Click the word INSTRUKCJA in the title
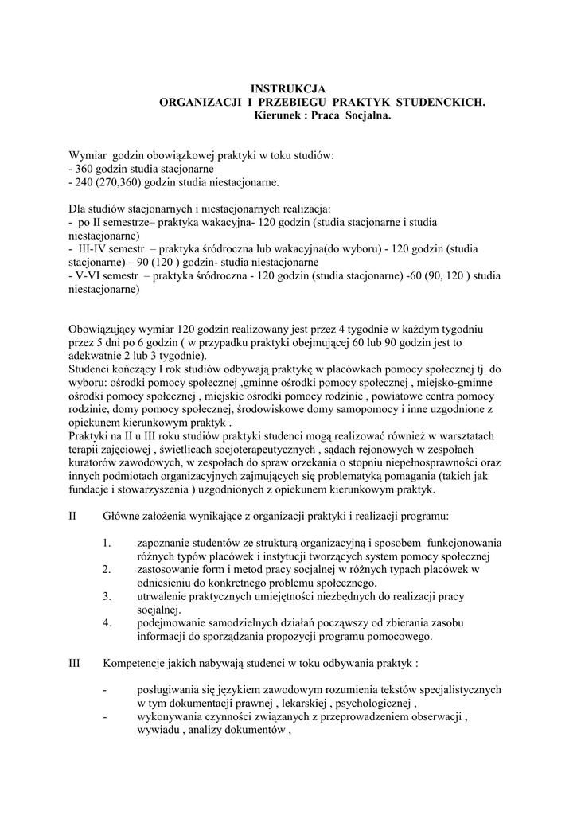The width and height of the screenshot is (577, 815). pyautogui.click(x=288, y=90)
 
